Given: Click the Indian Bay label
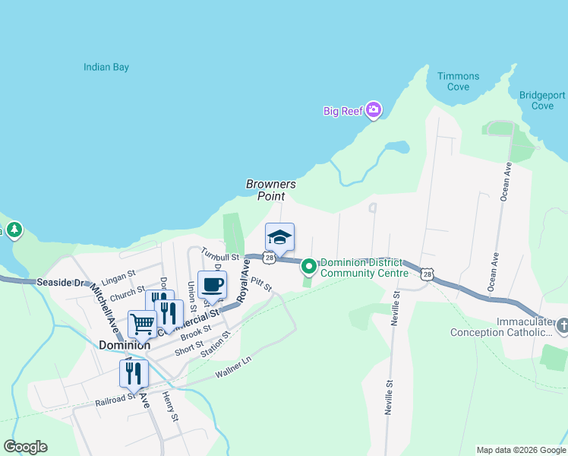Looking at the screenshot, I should [106, 68].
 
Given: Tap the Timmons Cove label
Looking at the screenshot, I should [458, 81].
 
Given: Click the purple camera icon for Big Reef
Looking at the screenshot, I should [373, 111].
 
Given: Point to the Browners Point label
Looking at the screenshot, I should [270, 190].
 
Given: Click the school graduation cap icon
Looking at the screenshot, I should [279, 236].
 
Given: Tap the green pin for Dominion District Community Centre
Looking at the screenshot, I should [308, 267].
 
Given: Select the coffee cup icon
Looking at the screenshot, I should [212, 285].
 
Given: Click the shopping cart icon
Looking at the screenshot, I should [142, 325].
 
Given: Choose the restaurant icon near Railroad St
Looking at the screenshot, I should [134, 373].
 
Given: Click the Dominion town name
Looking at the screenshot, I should [124, 344].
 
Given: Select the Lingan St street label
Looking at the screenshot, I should [117, 272].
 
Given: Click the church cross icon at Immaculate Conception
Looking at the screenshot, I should [562, 326].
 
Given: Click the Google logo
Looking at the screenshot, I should [25, 447].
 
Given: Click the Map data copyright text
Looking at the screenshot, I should [520, 450].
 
